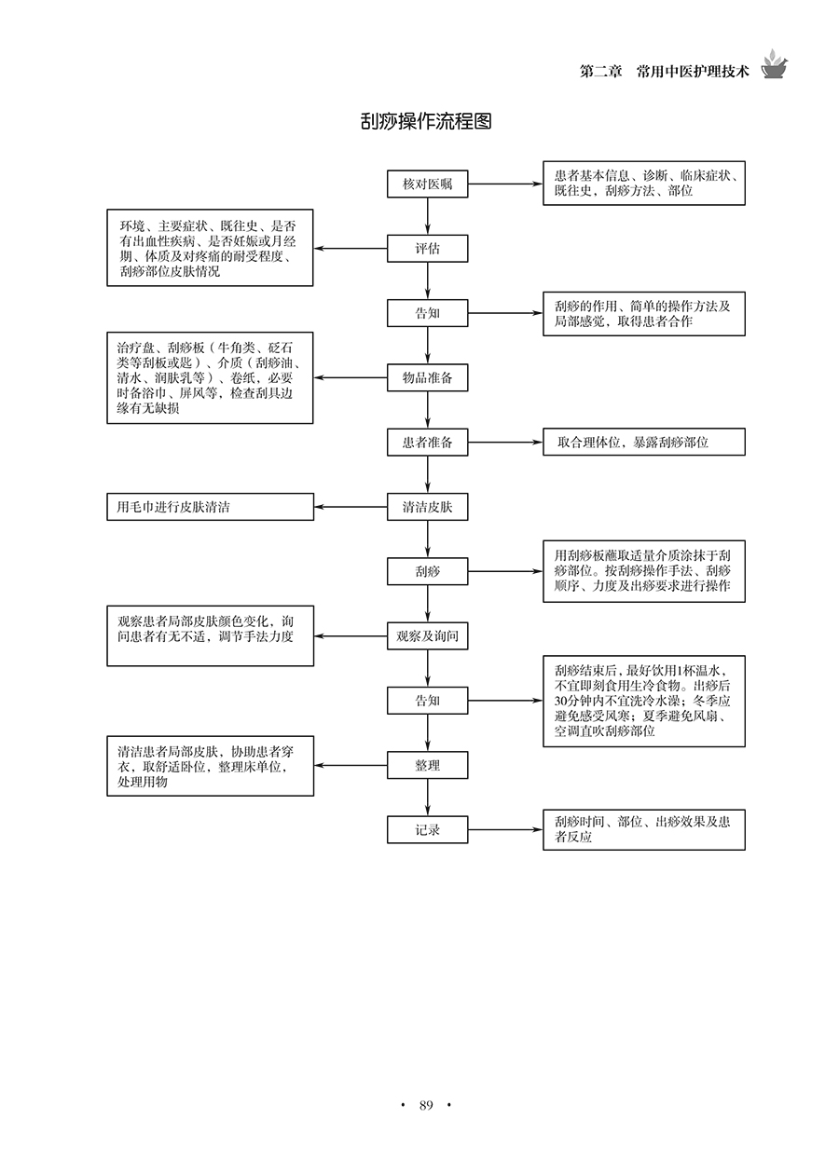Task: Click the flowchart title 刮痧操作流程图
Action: point(426,123)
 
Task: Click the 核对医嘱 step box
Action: point(428,184)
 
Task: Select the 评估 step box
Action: point(428,249)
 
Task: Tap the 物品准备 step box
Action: point(428,377)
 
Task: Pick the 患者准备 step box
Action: point(428,443)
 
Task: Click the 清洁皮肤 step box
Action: point(428,507)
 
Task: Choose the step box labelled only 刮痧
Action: point(428,571)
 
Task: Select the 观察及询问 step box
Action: point(428,636)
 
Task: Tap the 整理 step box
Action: point(428,765)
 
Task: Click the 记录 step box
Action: point(428,829)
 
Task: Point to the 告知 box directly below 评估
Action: point(428,313)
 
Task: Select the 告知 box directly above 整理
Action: point(428,701)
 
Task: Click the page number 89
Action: point(426,1106)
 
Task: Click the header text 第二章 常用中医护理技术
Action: point(664,71)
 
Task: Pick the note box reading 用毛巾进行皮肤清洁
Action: point(210,507)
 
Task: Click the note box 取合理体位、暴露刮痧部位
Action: point(644,443)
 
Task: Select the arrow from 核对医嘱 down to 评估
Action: point(428,217)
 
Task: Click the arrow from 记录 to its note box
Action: point(505,829)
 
